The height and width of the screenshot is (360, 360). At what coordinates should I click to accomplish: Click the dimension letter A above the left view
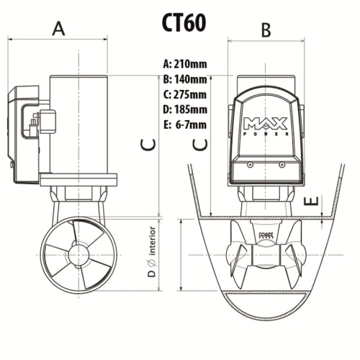[59, 28]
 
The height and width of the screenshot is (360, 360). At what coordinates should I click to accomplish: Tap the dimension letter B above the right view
[265, 30]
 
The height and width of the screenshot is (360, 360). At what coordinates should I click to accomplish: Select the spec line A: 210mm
[185, 64]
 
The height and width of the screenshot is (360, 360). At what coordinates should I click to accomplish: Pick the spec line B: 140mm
[185, 79]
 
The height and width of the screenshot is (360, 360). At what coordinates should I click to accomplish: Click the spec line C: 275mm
[185, 94]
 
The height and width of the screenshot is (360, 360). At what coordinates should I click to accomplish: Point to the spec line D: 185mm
[185, 109]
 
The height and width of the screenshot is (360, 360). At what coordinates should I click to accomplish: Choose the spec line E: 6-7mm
[185, 125]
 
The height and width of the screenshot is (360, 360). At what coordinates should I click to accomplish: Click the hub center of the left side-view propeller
[77, 255]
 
